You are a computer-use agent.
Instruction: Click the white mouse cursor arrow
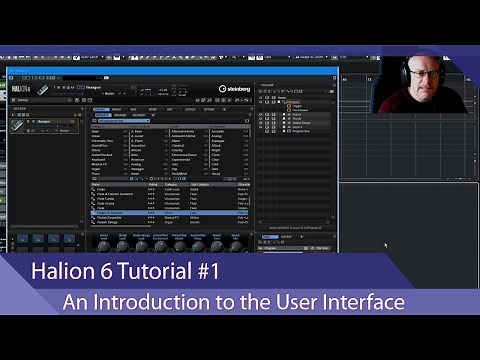pos(387,244)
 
